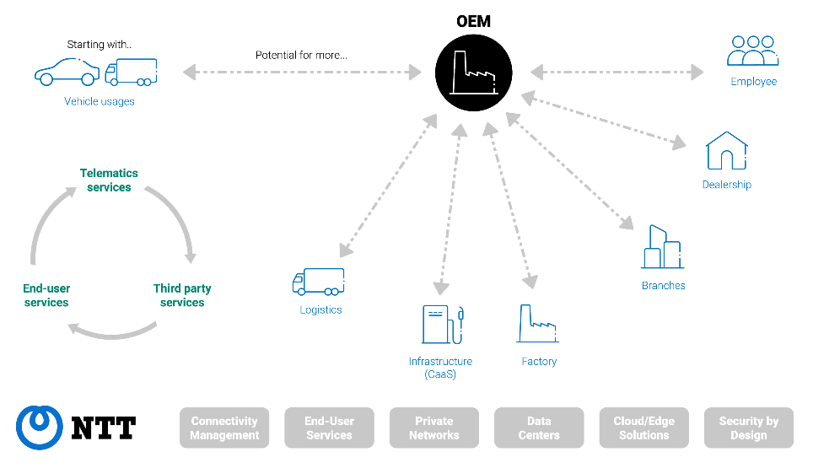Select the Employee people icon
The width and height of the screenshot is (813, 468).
pyautogui.click(x=753, y=51)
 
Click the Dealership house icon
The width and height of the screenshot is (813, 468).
pyautogui.click(x=726, y=151)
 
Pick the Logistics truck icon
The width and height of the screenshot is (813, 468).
pyautogui.click(x=318, y=282)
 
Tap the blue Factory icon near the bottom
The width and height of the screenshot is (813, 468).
pyautogui.click(x=537, y=325)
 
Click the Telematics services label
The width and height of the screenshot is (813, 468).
pyautogui.click(x=110, y=180)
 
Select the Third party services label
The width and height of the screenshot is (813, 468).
pyautogui.click(x=182, y=295)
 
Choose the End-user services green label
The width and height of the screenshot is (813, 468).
pyautogui.click(x=46, y=295)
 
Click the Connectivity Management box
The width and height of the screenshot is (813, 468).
pyautogui.click(x=224, y=428)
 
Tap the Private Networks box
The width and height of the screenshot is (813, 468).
pyautogui.click(x=433, y=428)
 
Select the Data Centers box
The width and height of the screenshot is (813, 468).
pyautogui.click(x=539, y=428)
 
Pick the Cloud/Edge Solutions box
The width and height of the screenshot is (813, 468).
pyautogui.click(x=643, y=428)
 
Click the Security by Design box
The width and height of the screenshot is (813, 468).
pyautogui.click(x=749, y=428)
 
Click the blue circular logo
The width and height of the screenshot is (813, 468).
pyautogui.click(x=40, y=427)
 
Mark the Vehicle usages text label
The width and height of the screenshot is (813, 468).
pyautogui.click(x=100, y=101)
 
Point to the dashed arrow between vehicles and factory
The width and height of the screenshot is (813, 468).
pyautogui.click(x=302, y=72)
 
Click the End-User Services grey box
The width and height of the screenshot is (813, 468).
pyautogui.click(x=329, y=428)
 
